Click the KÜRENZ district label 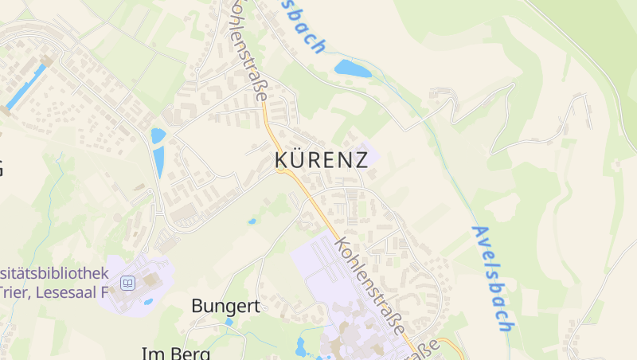pos(321,159)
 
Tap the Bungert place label pos(226,305)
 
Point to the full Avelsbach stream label pos(490,279)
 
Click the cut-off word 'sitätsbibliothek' pos(54,272)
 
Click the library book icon pos(127,283)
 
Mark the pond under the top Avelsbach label pos(353,68)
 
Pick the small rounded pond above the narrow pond pos(158,135)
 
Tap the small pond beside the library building pos(149,302)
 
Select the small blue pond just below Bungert pos(229,322)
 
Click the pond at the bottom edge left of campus pos(301,347)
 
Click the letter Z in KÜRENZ pos(359,159)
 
